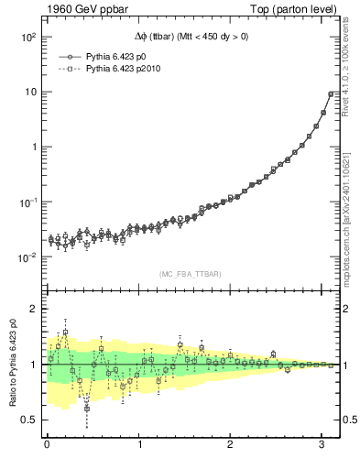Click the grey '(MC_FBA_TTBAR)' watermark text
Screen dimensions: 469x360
tap(191, 272)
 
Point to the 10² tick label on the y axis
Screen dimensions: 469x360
tap(28, 38)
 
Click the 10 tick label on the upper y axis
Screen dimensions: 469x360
tap(30, 92)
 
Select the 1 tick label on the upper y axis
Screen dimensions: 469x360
tap(34, 147)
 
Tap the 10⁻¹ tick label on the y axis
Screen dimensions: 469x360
tap(28, 202)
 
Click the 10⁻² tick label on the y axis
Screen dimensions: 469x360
tap(28, 256)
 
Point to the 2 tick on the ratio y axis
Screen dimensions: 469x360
tap(34, 309)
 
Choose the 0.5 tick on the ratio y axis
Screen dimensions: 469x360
tap(29, 420)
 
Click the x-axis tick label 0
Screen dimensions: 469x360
tap(47, 445)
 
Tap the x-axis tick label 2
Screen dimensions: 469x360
tap(231, 445)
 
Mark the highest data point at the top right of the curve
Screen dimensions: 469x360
tap(331, 93)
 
